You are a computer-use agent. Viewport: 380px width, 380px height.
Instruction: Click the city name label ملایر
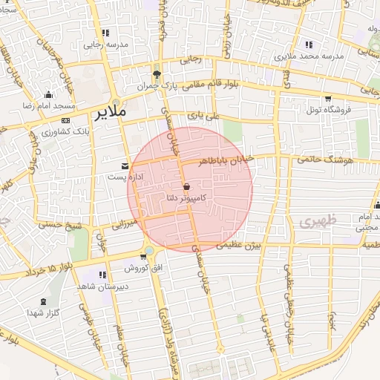point(111,112)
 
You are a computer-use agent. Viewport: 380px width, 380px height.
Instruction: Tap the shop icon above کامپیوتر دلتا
point(186,186)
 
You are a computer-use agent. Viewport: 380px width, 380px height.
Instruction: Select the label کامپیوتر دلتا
point(187,198)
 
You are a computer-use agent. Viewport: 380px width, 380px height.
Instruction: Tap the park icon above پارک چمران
point(157,74)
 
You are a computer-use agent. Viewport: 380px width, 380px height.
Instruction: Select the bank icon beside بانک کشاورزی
point(65,120)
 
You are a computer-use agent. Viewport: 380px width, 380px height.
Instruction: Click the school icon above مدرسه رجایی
point(106,33)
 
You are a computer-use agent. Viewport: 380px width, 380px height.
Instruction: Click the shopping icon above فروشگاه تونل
point(327,97)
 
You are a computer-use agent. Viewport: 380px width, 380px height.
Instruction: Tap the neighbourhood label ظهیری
point(318,221)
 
